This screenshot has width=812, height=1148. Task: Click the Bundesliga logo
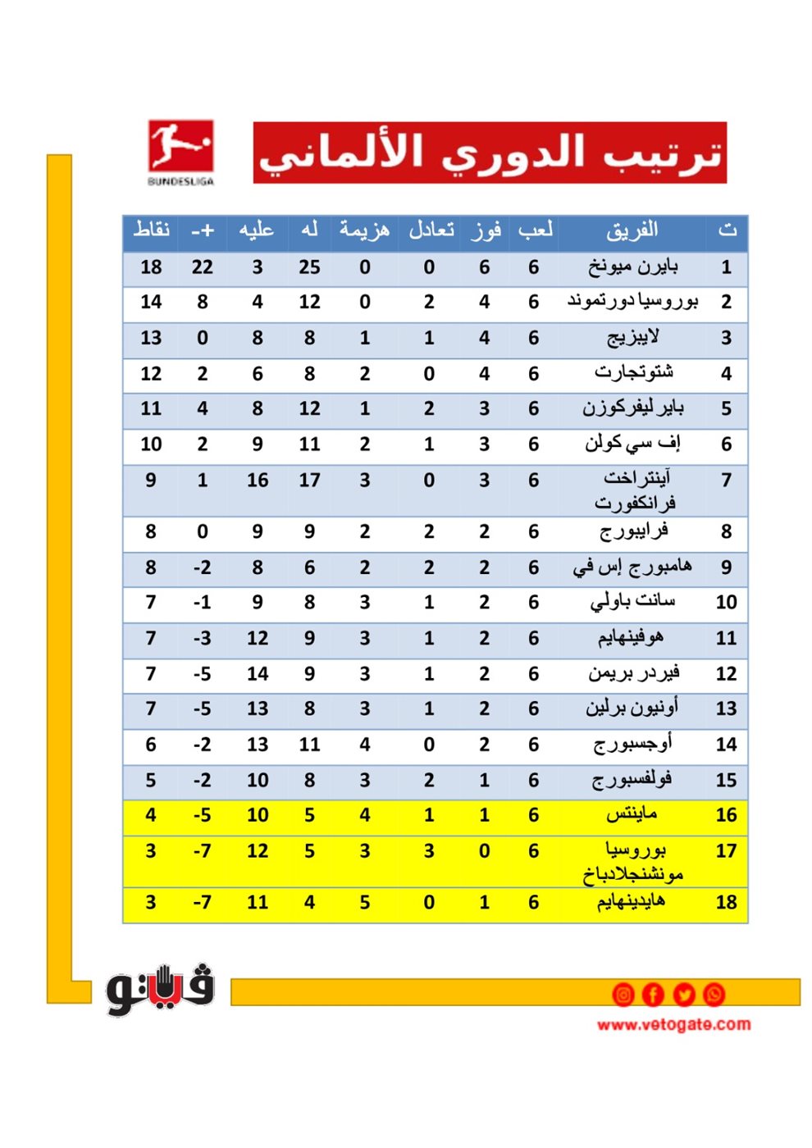click(180, 152)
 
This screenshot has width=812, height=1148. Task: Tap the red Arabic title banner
click(490, 153)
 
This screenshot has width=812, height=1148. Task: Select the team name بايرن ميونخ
click(632, 266)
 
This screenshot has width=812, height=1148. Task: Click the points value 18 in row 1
click(151, 267)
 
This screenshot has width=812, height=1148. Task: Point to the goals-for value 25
click(309, 267)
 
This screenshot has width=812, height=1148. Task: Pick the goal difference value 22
click(202, 267)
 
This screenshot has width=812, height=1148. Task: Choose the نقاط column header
click(152, 230)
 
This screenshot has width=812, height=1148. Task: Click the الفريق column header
click(632, 230)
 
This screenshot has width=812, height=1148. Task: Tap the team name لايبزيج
click(632, 338)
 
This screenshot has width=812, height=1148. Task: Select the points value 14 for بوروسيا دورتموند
click(151, 303)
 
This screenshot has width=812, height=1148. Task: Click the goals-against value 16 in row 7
click(258, 481)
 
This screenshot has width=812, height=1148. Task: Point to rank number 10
click(726, 603)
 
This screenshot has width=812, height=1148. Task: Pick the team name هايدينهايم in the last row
click(631, 903)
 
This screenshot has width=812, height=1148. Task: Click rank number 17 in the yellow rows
click(726, 851)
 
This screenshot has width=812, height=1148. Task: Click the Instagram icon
click(623, 995)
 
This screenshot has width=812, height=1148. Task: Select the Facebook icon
click(653, 995)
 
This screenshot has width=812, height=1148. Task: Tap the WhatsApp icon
click(714, 995)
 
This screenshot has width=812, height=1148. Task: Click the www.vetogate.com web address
click(673, 1024)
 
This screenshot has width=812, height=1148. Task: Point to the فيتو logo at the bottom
click(160, 989)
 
